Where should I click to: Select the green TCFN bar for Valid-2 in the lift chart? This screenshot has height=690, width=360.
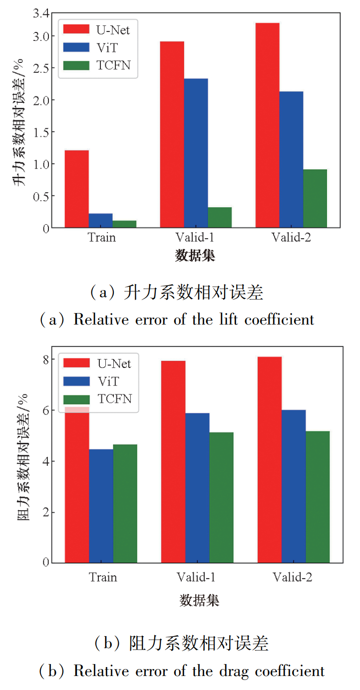[x=315, y=199]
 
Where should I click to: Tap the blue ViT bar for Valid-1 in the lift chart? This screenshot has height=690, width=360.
[x=196, y=153]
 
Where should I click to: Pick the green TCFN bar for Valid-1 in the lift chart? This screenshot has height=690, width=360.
[x=220, y=217]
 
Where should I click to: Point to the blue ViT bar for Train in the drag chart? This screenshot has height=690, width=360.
[x=101, y=506]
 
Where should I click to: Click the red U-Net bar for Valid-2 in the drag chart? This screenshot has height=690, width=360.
[x=270, y=459]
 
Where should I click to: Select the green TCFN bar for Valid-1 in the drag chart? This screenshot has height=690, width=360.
[x=221, y=497]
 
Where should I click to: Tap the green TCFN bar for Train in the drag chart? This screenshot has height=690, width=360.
[x=125, y=503]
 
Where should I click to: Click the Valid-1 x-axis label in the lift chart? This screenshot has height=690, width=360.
[x=196, y=237]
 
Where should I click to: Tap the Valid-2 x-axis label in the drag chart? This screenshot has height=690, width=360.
[x=293, y=577]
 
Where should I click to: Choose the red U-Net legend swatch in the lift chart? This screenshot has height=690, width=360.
[x=76, y=29]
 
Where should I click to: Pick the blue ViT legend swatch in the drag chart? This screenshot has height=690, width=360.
[x=76, y=381]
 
